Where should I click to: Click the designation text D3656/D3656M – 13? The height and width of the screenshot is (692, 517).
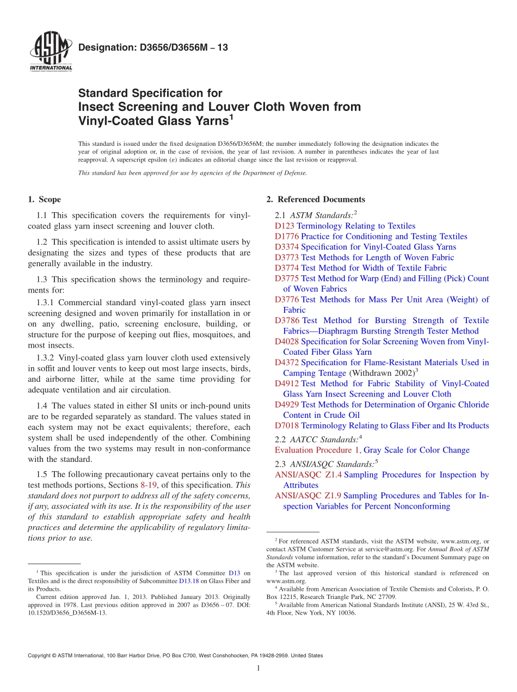(153, 48)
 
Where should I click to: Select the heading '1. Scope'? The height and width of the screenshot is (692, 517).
(45, 199)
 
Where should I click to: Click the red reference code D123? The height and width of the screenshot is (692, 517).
(285, 226)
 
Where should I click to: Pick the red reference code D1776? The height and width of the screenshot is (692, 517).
(287, 236)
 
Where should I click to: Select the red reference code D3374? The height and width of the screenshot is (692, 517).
(287, 247)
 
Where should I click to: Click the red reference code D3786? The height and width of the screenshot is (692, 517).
(287, 320)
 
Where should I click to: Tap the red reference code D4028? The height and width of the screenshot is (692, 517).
(287, 342)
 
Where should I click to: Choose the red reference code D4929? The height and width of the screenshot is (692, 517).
(287, 405)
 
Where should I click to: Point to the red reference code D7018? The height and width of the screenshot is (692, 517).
(287, 426)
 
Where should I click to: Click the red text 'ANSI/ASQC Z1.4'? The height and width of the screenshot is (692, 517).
(308, 475)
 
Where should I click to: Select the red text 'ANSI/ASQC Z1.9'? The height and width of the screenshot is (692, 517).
(308, 496)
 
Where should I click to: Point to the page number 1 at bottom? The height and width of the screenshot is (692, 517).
(258, 668)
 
